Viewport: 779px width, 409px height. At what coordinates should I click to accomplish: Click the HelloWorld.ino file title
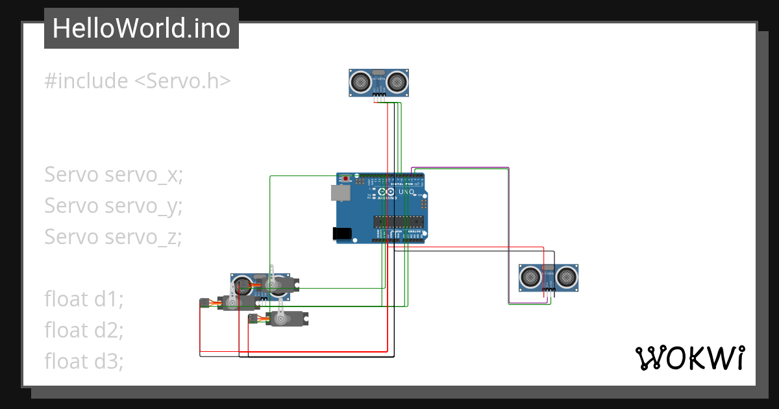point(141,29)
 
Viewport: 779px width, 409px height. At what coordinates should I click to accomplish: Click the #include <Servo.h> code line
point(138,81)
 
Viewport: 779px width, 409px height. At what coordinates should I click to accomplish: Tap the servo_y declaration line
point(114,206)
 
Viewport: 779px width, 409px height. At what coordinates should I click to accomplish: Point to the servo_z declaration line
point(113,237)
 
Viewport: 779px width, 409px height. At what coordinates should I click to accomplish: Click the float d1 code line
point(84,299)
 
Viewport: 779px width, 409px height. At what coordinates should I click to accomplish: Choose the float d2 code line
point(84,330)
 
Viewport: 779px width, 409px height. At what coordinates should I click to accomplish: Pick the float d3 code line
point(84,360)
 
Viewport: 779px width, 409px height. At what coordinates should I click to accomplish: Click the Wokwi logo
point(689,358)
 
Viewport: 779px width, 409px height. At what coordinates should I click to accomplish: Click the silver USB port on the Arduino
point(340,192)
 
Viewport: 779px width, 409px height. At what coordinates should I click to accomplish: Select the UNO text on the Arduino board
point(406,192)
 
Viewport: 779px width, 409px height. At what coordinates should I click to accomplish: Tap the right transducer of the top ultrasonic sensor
point(397,82)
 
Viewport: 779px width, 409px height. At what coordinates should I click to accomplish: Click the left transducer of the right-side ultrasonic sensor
point(530,278)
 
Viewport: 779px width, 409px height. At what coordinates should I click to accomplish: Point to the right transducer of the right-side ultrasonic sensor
point(567,278)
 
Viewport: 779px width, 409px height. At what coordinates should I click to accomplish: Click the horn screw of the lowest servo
point(281,319)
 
